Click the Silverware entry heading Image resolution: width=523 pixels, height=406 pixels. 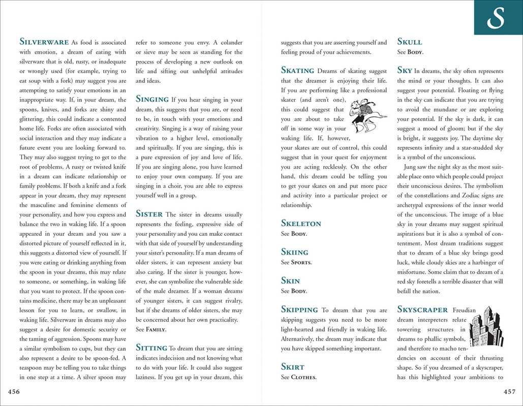pyautogui.click(x=44, y=42)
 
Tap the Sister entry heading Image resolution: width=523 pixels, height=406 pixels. pyautogui.click(x=149, y=214)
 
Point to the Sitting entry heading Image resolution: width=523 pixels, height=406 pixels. pyautogui.click(x=151, y=348)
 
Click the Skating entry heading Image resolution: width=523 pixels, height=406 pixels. pyautogui.click(x=297, y=71)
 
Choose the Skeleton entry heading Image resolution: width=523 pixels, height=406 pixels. pyautogui.click(x=301, y=224)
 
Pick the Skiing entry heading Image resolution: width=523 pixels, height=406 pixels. pyautogui.click(x=294, y=252)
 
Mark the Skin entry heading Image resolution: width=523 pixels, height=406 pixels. pyautogui.click(x=290, y=281)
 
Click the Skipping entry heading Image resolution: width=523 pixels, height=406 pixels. pyautogui.click(x=299, y=309)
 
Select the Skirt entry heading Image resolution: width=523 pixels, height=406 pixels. pyautogui.click(x=292, y=367)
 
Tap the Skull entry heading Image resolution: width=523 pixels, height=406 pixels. pyautogui.click(x=409, y=42)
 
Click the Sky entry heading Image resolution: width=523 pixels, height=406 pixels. pyautogui.click(x=405, y=71)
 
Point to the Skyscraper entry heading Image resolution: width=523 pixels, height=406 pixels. pyautogui.click(x=422, y=309)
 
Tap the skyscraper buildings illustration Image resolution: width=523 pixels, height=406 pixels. pyautogui.click(x=485, y=326)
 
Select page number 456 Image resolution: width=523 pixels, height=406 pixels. pyautogui.click(x=14, y=391)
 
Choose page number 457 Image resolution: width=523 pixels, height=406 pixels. pyautogui.click(x=509, y=391)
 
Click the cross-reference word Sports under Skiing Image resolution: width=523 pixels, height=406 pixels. pyautogui.click(x=301, y=263)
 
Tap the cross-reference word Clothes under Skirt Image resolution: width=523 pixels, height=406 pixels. pyautogui.click(x=303, y=378)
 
